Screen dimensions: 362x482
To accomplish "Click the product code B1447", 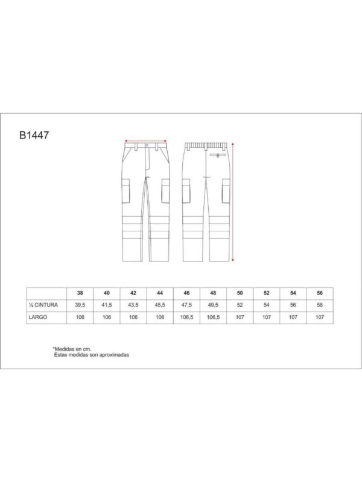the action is (x=34, y=135).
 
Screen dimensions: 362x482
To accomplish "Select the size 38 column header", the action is (x=80, y=293).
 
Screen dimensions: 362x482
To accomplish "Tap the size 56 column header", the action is (x=320, y=293).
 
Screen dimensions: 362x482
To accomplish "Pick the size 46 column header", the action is (x=186, y=293).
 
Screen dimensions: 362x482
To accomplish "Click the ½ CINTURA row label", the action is (x=43, y=305).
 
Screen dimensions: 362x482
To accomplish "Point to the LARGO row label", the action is (x=38, y=317).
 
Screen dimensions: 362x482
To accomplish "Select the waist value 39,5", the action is (x=80, y=305).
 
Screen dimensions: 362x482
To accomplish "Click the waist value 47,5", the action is (x=186, y=305).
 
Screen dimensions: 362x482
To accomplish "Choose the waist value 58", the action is (x=320, y=305).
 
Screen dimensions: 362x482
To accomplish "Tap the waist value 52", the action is (x=240, y=305).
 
